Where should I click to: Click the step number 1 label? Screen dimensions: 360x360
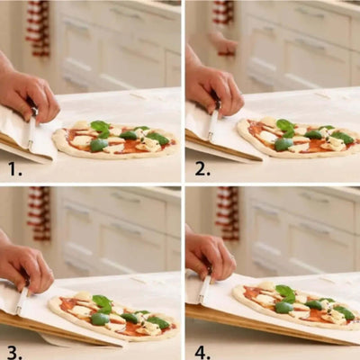[x=14, y=169]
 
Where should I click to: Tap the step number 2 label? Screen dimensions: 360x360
[x=202, y=169]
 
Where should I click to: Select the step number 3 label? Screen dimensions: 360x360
[x=14, y=352]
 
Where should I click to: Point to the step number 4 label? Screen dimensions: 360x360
[x=202, y=352]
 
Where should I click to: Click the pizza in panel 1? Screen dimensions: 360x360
[x=115, y=139]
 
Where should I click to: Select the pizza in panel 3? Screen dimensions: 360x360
[x=114, y=316]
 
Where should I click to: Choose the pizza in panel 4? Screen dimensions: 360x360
[x=295, y=304]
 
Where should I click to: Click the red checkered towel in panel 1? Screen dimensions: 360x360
[x=39, y=29]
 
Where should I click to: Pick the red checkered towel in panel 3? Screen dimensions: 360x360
[x=39, y=213]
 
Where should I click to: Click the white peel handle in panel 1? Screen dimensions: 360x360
[x=31, y=132]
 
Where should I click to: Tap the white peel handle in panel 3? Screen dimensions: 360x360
[x=22, y=301]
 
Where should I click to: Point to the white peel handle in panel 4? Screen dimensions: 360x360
[x=204, y=289]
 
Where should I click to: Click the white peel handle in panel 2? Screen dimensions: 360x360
[x=213, y=124]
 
